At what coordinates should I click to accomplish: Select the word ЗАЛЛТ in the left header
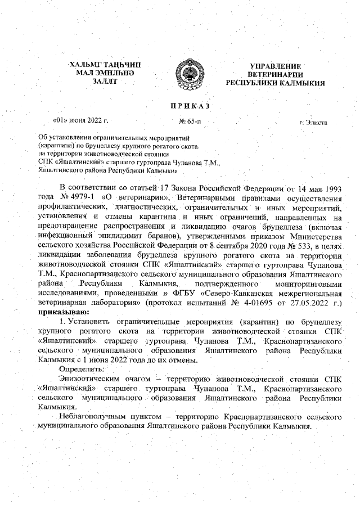105,82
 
